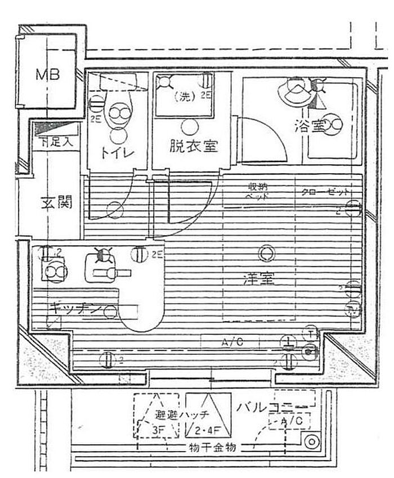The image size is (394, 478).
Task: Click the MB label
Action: [x=48, y=75]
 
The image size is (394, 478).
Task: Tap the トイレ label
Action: [x=117, y=152]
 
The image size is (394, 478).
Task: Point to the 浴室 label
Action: [x=309, y=127]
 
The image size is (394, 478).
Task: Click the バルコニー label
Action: [x=276, y=407]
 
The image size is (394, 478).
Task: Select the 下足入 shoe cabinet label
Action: [x=56, y=142]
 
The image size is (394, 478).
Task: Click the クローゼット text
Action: [x=321, y=191]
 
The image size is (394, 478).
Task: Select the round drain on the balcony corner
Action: [x=311, y=442]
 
